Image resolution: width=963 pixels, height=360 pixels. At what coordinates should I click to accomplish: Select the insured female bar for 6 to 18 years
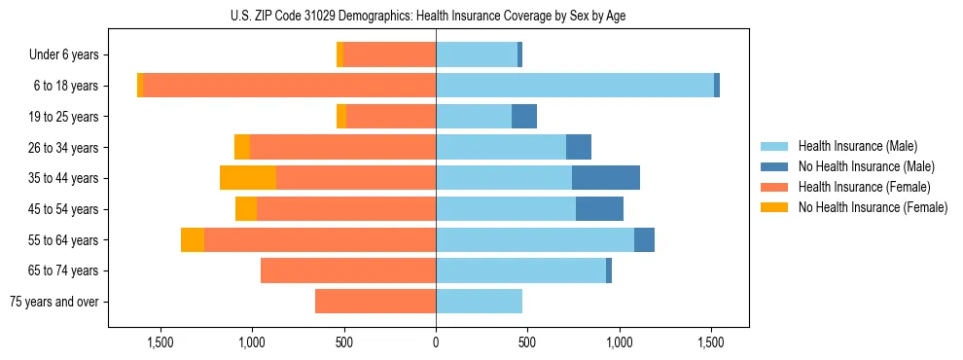point(289,86)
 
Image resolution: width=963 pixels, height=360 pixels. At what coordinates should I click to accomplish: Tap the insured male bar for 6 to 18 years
point(574,86)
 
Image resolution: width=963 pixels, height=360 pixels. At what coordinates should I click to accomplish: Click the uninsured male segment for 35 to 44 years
point(605,178)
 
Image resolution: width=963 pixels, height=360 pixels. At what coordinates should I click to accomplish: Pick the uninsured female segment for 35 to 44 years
point(248,178)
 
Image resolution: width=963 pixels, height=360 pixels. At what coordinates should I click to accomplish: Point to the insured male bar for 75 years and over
point(479,302)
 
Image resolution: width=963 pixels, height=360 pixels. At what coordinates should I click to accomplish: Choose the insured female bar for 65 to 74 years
point(348,270)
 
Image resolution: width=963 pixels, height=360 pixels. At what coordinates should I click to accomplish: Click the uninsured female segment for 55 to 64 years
point(193,240)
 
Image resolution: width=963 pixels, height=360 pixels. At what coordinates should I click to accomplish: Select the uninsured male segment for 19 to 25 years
point(524,117)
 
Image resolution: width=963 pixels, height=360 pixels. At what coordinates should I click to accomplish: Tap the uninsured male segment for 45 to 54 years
point(599,209)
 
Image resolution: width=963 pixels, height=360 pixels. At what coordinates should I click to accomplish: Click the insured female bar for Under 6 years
point(389,54)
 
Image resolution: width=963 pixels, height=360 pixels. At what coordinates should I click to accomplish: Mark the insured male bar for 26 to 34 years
point(501,147)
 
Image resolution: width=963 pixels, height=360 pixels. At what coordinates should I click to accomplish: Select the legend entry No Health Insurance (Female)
point(872,207)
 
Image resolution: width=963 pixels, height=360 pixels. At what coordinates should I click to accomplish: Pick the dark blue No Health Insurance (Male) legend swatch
point(774,166)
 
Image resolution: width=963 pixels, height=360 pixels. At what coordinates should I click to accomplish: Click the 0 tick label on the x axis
point(436,342)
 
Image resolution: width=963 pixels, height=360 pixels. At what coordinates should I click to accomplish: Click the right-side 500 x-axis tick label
point(527,342)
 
